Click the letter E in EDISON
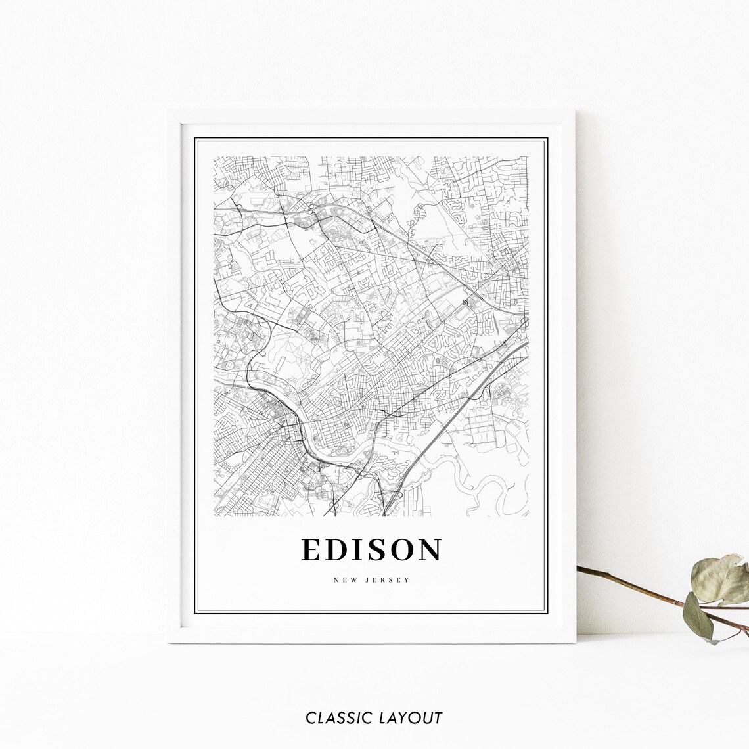tap(311, 550)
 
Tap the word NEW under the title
tap(344, 580)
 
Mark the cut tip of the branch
tap(579, 568)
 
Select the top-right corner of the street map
tap(528, 157)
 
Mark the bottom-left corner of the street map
tap(214, 516)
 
